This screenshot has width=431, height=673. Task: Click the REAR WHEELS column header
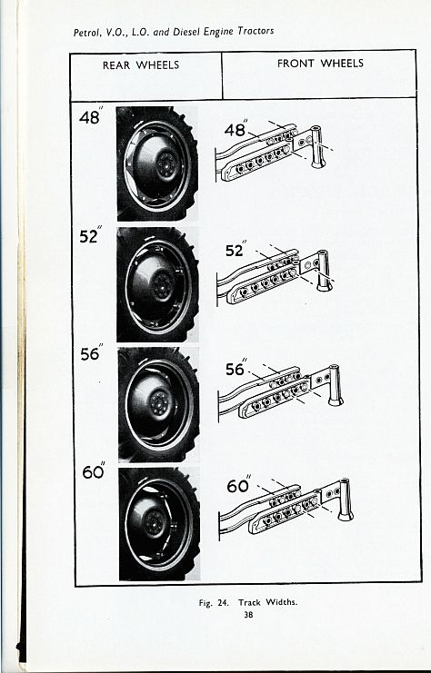tap(141, 65)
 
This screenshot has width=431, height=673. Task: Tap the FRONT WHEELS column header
tap(320, 64)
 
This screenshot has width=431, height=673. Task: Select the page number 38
tap(248, 614)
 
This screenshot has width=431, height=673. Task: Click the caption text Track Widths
tap(267, 602)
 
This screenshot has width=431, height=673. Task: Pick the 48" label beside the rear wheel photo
tap(91, 116)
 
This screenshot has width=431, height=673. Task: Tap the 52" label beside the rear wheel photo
tap(90, 235)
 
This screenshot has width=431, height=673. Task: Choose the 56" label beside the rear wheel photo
tap(92, 352)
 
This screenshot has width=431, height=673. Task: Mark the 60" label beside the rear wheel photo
tap(94, 470)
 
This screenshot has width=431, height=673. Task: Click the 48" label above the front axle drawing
tap(236, 128)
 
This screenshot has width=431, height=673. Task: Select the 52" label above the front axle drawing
tap(236, 250)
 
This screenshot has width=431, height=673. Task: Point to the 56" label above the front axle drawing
tap(236, 368)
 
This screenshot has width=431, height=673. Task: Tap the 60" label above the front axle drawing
tap(239, 485)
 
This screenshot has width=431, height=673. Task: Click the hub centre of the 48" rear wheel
tap(166, 164)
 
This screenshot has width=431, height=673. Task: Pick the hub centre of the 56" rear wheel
tap(159, 403)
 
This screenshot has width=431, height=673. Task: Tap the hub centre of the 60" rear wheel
tap(154, 523)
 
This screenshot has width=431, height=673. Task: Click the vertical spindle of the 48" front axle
tap(317, 147)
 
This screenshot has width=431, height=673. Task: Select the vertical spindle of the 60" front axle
tap(345, 500)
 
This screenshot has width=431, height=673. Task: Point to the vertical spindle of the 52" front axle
tap(324, 271)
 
